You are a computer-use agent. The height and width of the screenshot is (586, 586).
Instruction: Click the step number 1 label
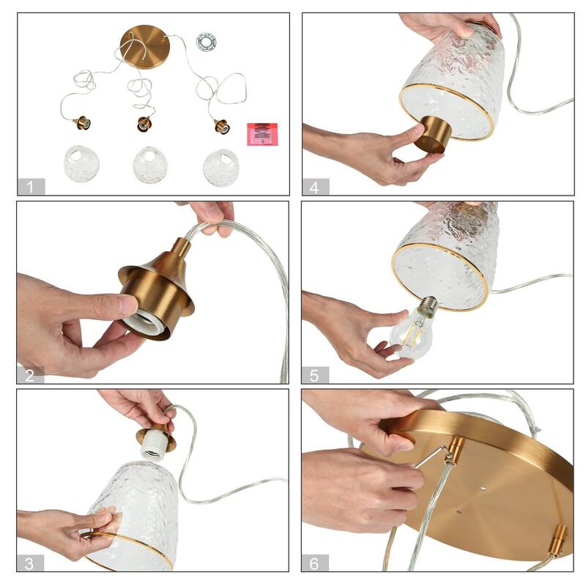[x=31, y=187]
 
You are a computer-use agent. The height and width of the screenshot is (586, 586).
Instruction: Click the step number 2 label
[x=31, y=376]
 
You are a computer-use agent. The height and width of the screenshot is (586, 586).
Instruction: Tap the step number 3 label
[x=31, y=563]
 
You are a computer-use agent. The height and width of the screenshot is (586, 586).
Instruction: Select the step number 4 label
[x=315, y=187]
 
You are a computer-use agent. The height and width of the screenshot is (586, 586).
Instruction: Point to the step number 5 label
[x=315, y=376]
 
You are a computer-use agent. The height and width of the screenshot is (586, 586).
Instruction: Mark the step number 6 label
[x=315, y=563]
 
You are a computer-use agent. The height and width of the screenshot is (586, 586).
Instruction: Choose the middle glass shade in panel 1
[x=149, y=165]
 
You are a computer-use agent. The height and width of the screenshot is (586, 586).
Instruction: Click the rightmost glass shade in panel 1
[x=220, y=167]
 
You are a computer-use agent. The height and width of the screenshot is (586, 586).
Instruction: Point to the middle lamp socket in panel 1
[x=144, y=124]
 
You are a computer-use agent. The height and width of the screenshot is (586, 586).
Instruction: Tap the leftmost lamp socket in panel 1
[x=81, y=123]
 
